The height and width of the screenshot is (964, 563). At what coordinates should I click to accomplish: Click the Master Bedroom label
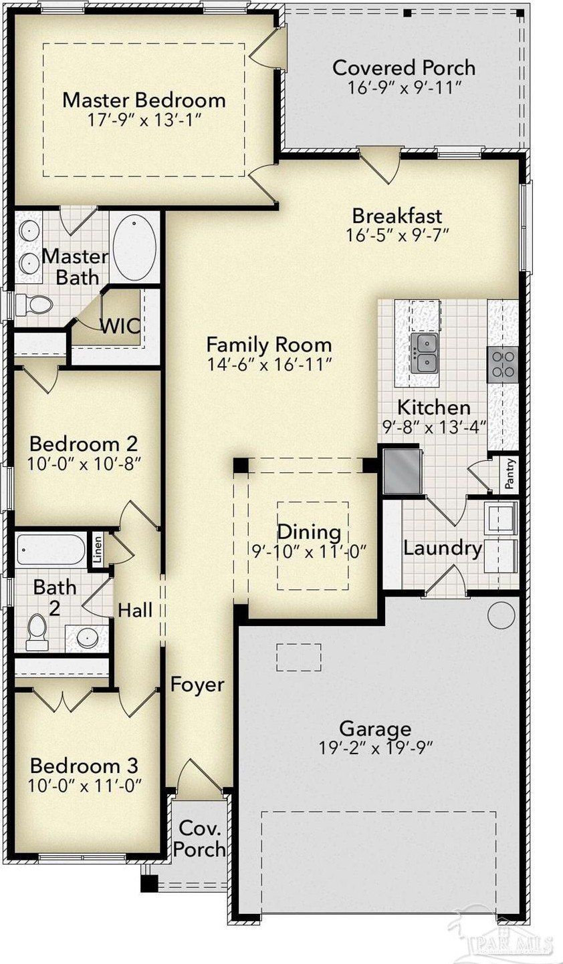[x=144, y=100]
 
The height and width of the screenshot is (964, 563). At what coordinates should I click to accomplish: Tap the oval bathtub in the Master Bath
[x=134, y=247]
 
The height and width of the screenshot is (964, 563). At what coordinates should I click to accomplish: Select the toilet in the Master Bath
[x=34, y=305]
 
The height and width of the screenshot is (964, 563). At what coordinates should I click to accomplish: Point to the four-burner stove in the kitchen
[x=503, y=365]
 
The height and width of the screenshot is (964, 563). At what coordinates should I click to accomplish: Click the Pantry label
[x=510, y=474]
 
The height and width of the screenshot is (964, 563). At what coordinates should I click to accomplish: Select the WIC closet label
[x=120, y=326]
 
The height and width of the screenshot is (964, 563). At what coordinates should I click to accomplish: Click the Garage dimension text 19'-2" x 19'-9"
[x=375, y=748]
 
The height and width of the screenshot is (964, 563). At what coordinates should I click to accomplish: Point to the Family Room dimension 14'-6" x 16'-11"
[x=269, y=365]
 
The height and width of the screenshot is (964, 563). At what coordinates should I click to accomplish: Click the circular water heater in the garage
[x=501, y=615]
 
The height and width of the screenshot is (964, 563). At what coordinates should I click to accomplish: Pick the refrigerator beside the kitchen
[x=401, y=470]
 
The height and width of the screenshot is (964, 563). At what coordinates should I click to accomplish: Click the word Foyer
[x=197, y=685]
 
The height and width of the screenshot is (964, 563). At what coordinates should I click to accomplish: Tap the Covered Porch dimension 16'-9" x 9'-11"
[x=405, y=88]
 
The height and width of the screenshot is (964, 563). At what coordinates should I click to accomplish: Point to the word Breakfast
[x=397, y=215]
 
